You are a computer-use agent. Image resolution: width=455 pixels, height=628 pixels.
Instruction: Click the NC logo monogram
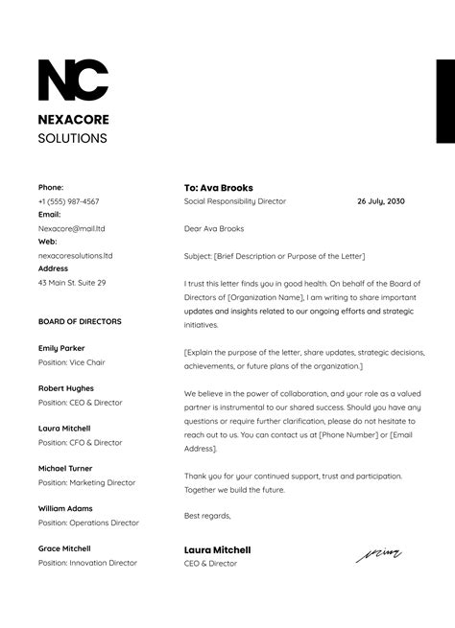tap(73, 81)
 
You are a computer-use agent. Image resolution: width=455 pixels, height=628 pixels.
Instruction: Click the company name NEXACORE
tap(74, 120)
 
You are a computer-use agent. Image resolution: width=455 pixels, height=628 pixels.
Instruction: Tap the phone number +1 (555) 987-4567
tap(68, 201)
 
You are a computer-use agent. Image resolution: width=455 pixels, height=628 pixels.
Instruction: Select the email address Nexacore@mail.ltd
tap(72, 229)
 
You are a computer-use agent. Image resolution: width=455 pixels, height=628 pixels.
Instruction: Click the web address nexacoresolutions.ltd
tap(75, 256)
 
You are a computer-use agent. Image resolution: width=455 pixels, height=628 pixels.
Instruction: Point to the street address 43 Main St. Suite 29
tap(72, 283)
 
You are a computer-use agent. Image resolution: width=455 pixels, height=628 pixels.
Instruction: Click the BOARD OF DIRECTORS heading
tap(80, 321)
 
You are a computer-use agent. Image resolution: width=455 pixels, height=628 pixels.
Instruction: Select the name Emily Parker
tap(61, 348)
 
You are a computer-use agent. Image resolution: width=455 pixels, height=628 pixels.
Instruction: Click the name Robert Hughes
tap(65, 388)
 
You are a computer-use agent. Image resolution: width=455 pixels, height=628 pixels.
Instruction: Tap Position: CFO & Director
tap(81, 443)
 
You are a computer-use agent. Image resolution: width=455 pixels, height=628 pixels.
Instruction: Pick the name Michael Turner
tap(65, 468)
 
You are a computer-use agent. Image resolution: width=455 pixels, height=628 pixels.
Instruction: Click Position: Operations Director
tap(88, 523)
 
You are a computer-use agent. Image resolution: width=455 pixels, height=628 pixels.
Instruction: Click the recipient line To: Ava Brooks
tap(219, 188)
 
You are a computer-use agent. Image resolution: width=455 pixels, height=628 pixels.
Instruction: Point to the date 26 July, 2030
tap(381, 201)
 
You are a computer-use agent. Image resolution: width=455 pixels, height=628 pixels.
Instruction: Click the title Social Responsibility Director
tap(235, 201)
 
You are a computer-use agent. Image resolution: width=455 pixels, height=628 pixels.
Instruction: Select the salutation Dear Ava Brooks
tap(214, 228)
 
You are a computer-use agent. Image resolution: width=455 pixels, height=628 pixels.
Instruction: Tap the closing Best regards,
tap(207, 515)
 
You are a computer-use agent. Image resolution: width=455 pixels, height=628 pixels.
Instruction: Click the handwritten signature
tap(379, 553)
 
